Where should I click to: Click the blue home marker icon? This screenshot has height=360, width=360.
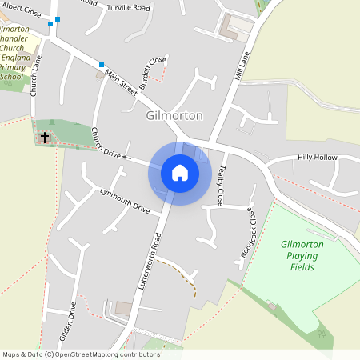click(180, 173)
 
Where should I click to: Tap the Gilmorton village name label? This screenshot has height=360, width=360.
click(175, 116)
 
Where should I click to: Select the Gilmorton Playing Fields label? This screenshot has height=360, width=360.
click(299, 255)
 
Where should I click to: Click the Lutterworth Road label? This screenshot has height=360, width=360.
click(151, 263)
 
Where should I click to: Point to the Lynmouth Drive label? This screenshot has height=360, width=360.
click(125, 201)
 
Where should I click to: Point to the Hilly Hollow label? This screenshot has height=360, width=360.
click(317, 158)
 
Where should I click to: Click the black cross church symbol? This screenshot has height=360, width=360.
click(44, 138)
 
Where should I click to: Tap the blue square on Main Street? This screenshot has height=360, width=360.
click(102, 65)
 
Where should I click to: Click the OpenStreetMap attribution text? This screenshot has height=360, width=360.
click(81, 354)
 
